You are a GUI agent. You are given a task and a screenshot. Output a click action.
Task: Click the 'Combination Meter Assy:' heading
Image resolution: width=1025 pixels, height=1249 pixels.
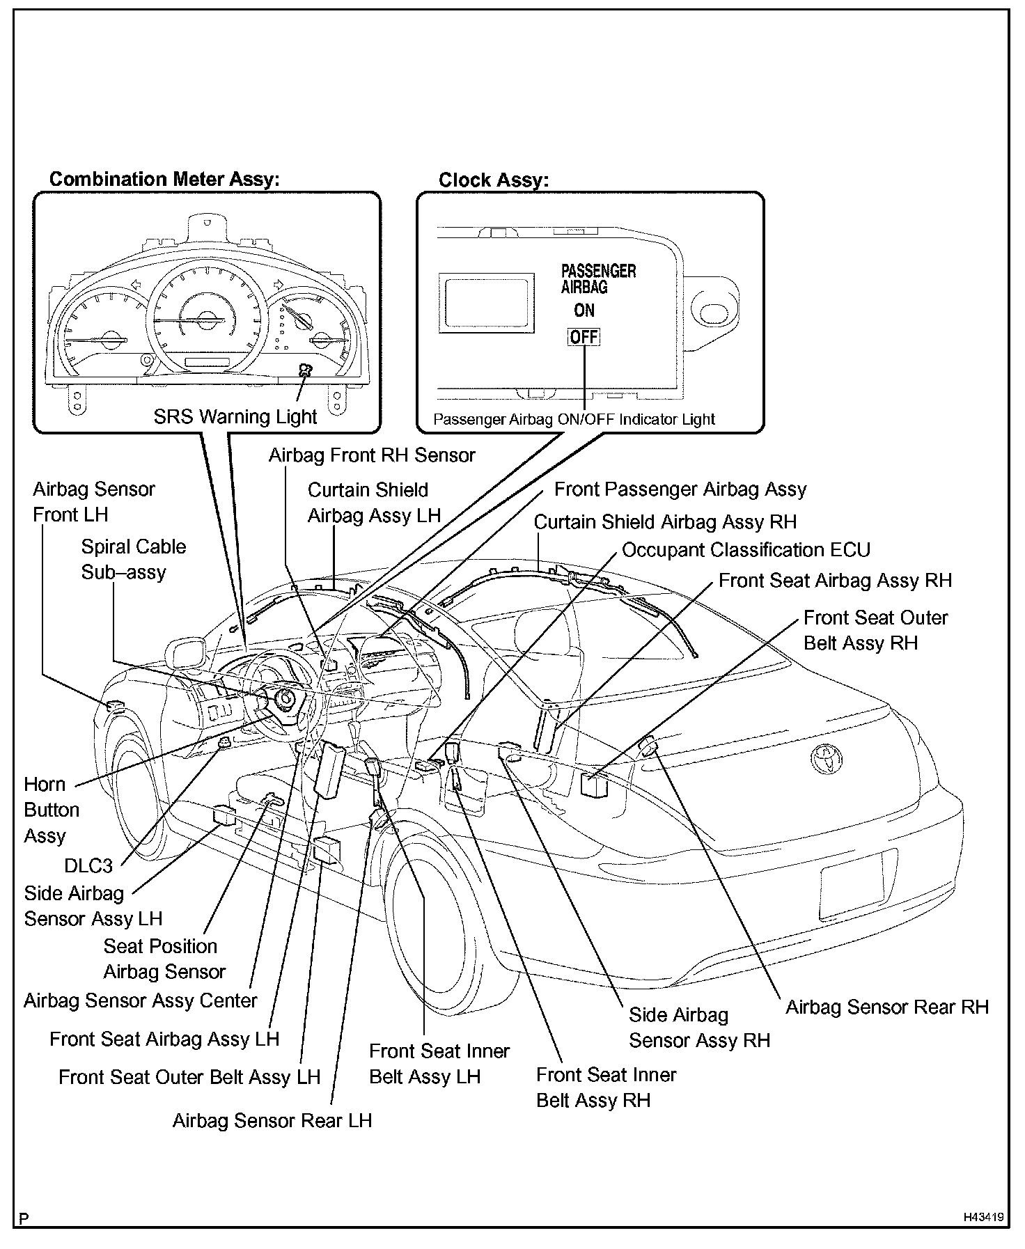[164, 179]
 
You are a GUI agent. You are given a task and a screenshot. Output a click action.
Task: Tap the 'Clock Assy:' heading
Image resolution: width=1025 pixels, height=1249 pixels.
[493, 180]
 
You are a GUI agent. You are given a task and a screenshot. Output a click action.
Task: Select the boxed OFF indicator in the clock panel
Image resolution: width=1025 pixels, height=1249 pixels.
[584, 337]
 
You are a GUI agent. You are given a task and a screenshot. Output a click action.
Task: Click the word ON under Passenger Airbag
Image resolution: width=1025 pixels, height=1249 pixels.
[584, 310]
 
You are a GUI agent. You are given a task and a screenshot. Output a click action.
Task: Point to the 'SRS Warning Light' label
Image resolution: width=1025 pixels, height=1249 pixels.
[235, 416]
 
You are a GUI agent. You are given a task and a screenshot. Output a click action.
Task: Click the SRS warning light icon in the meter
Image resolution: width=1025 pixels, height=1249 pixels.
[305, 370]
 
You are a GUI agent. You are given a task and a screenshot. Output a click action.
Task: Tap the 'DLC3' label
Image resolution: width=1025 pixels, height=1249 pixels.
[88, 865]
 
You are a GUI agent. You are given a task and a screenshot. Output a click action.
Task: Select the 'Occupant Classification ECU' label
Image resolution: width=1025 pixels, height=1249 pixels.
[746, 550]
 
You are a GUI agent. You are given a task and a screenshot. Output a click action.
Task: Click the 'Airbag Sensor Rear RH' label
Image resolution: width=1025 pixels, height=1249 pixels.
[887, 1007]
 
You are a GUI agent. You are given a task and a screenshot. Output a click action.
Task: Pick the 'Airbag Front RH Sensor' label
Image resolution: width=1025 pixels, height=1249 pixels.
[372, 455]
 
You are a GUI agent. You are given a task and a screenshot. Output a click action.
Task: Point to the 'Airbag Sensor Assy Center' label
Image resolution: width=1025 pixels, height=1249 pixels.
[141, 1000]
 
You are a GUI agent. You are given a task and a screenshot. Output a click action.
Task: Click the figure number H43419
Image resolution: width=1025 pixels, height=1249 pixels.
[983, 1218]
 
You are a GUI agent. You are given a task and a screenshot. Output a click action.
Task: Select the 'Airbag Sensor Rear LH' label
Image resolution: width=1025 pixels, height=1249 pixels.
[272, 1120]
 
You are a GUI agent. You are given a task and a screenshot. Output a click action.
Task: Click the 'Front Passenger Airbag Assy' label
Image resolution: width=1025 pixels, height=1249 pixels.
[680, 489]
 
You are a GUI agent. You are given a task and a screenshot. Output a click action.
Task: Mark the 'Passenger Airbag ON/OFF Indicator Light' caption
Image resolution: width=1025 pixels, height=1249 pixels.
[574, 419]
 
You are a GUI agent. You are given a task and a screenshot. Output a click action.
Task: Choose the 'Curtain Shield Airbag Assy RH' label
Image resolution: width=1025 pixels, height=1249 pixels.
[665, 521]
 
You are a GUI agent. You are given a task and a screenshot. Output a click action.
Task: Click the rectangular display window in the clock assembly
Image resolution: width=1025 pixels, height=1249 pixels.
[486, 301]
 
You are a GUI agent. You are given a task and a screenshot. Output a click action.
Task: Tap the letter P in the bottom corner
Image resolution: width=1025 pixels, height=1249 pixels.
[24, 1218]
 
